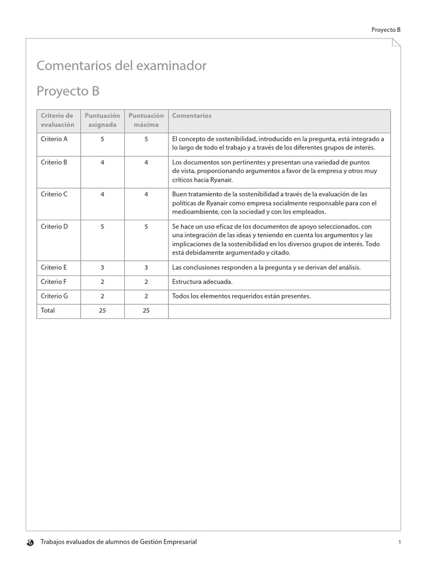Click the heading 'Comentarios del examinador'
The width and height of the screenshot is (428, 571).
coord(121,66)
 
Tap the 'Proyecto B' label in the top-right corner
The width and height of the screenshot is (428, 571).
coord(386,30)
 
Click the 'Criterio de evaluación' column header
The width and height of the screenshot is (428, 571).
coord(57,120)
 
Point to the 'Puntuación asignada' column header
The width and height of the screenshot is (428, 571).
coord(102,120)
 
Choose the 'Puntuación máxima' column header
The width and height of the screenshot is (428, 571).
coord(146,120)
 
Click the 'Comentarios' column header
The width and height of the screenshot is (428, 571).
coord(192,115)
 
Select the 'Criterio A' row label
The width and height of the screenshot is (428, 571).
coord(54,139)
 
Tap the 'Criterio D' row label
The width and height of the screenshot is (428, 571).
coord(54,226)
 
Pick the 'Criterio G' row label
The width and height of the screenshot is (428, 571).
coord(54,296)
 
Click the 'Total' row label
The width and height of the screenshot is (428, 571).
coord(48,310)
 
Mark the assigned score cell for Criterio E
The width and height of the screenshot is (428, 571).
coord(102,267)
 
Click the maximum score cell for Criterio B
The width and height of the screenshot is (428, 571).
coord(146,162)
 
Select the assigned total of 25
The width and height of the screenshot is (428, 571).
coord(102,311)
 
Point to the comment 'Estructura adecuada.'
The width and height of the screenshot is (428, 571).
coord(202,282)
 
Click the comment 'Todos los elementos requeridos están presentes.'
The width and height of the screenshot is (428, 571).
coord(241,296)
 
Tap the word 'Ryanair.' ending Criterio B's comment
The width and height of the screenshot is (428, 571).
coord(221,180)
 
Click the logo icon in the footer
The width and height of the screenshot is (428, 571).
coord(31,542)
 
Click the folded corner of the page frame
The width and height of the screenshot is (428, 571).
coord(396,43)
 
